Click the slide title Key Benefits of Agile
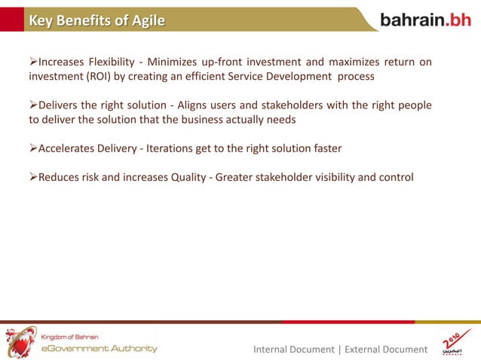(97, 20)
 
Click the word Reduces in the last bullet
(61, 178)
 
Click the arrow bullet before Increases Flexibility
(33, 62)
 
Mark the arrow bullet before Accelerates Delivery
(33, 148)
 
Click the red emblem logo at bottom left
(20, 341)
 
